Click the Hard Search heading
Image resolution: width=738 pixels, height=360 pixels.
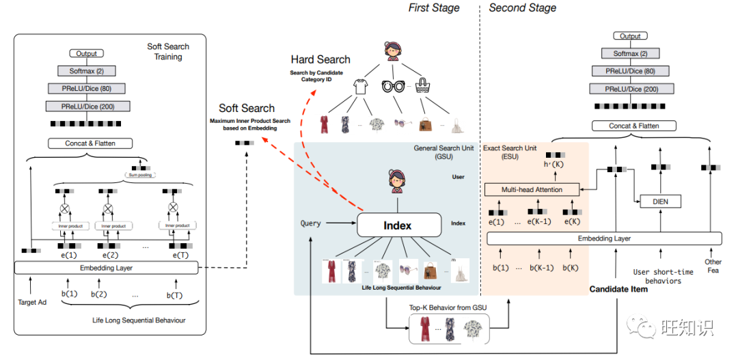coord(320,59)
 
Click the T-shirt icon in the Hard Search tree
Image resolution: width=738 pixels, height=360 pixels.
coord(360,87)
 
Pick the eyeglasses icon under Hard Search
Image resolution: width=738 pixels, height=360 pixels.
coord(393,87)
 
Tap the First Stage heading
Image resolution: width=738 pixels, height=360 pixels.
coord(434,8)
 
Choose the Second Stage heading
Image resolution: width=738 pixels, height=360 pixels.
coord(523,8)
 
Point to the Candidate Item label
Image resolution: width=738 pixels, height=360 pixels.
coord(618,289)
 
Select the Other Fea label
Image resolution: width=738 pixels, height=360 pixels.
coord(713,266)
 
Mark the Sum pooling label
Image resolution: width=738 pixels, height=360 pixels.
coord(141,174)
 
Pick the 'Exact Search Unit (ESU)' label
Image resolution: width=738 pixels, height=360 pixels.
coord(510,152)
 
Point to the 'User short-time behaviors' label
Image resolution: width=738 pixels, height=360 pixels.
coord(664,276)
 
